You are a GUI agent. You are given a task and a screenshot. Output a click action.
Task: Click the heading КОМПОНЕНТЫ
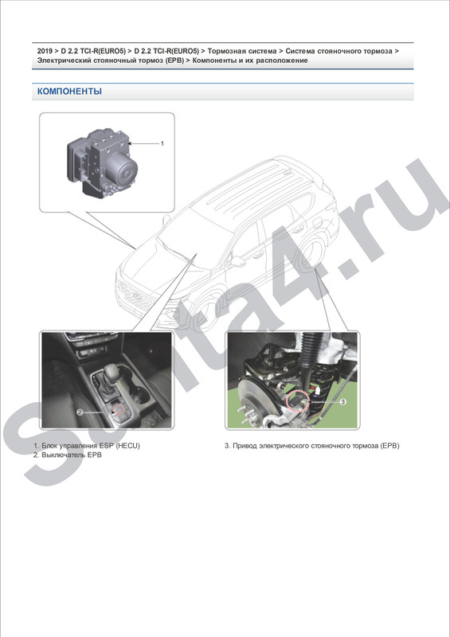pyautogui.click(x=69, y=92)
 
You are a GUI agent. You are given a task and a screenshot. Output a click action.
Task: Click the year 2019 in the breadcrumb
pyautogui.click(x=45, y=51)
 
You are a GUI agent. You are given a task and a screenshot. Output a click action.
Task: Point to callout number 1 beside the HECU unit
pyautogui.click(x=162, y=143)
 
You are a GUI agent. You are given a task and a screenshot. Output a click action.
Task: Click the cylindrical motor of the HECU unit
pyautogui.click(x=126, y=171)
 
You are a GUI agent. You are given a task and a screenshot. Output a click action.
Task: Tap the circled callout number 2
pyautogui.click(x=80, y=412)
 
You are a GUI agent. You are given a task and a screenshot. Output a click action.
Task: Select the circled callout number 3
pyautogui.click(x=342, y=401)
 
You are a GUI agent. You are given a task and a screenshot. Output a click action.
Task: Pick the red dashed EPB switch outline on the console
pyautogui.click(x=119, y=408)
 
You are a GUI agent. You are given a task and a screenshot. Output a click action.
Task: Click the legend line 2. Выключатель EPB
pyautogui.click(x=68, y=455)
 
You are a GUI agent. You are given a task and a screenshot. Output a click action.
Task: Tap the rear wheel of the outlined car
pyautogui.click(x=311, y=255)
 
